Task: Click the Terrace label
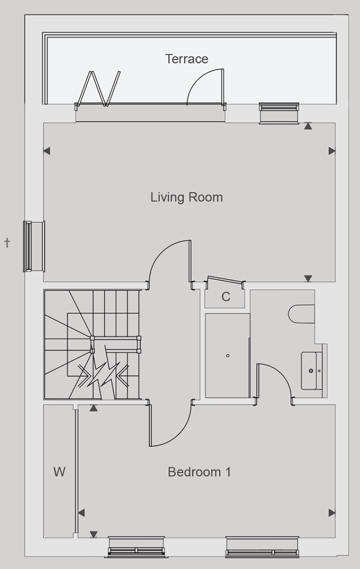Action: [187, 58]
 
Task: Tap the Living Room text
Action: [187, 197]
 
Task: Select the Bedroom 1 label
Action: [199, 472]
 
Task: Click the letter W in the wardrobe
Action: [59, 472]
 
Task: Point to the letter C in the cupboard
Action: [226, 296]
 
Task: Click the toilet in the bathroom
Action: [301, 314]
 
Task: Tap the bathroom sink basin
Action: [309, 371]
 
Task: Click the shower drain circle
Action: [228, 356]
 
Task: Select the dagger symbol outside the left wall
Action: [7, 243]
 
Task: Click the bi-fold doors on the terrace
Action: [99, 89]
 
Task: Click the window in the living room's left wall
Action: [34, 246]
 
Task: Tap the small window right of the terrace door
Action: [279, 113]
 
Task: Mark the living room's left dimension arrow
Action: [47, 151]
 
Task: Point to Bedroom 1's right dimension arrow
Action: [332, 513]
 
